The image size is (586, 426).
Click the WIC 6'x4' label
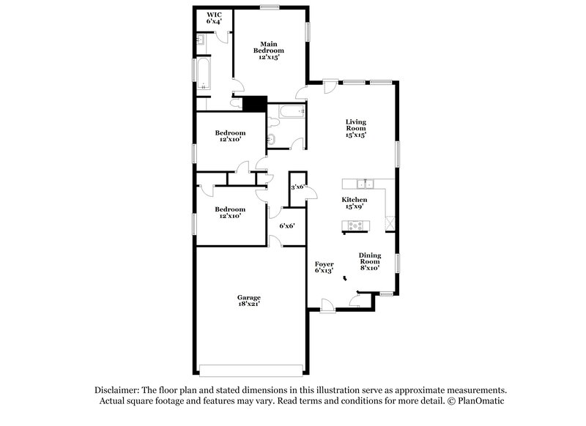click(213, 18)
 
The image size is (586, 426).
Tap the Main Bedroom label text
click(269, 49)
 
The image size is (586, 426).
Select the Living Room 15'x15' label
click(356, 128)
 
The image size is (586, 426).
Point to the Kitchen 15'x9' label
click(355, 203)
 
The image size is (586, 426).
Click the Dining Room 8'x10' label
click(369, 261)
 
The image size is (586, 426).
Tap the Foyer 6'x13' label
click(324, 267)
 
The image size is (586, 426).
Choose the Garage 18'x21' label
click(249, 301)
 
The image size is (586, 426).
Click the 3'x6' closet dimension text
click(297, 187)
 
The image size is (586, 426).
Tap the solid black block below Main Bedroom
click(254, 104)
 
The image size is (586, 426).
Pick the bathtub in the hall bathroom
click(289, 112)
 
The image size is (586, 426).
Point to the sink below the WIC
click(200, 40)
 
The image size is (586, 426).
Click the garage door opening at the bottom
click(251, 368)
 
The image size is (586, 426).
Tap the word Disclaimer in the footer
click(117, 390)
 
